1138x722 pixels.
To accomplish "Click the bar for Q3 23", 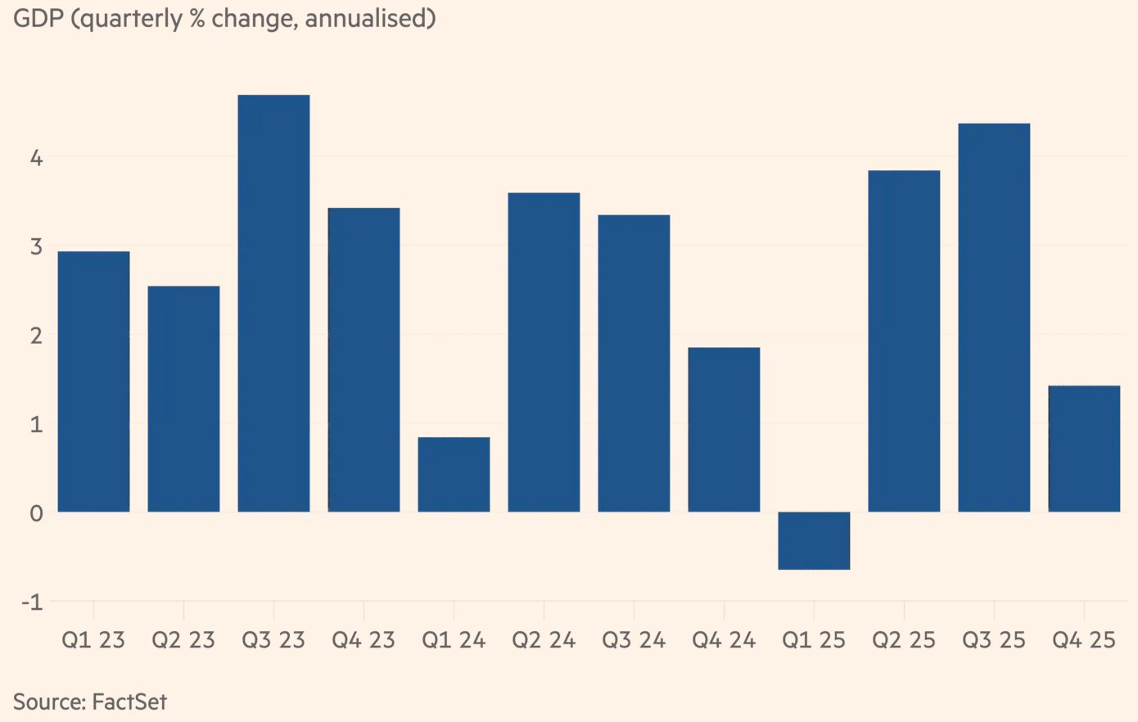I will (273, 303).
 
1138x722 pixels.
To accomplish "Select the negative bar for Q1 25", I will (814, 540).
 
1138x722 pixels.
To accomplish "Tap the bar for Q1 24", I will (454, 475).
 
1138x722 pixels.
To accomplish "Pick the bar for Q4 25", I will (1084, 449).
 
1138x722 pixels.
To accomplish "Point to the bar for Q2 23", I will (183, 399).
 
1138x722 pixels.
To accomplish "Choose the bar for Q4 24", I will (724, 430).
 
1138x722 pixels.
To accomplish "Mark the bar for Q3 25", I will (994, 318).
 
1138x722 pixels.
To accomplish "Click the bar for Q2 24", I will (544, 352).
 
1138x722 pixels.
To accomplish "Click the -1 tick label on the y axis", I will (31, 602).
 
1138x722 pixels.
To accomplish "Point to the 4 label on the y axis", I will (36, 157).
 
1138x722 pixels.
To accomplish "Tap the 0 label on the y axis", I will (36, 513).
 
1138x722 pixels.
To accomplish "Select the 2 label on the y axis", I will (36, 336).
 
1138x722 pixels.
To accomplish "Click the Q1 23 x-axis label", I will (93, 640).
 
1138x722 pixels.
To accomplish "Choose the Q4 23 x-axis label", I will (364, 640).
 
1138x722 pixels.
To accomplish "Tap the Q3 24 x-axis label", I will (634, 640).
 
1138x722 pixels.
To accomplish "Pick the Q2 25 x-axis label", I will (904, 640).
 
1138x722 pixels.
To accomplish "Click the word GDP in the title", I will (38, 18).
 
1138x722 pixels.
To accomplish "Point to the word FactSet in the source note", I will (129, 702).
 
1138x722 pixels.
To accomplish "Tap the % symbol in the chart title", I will (197, 18).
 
